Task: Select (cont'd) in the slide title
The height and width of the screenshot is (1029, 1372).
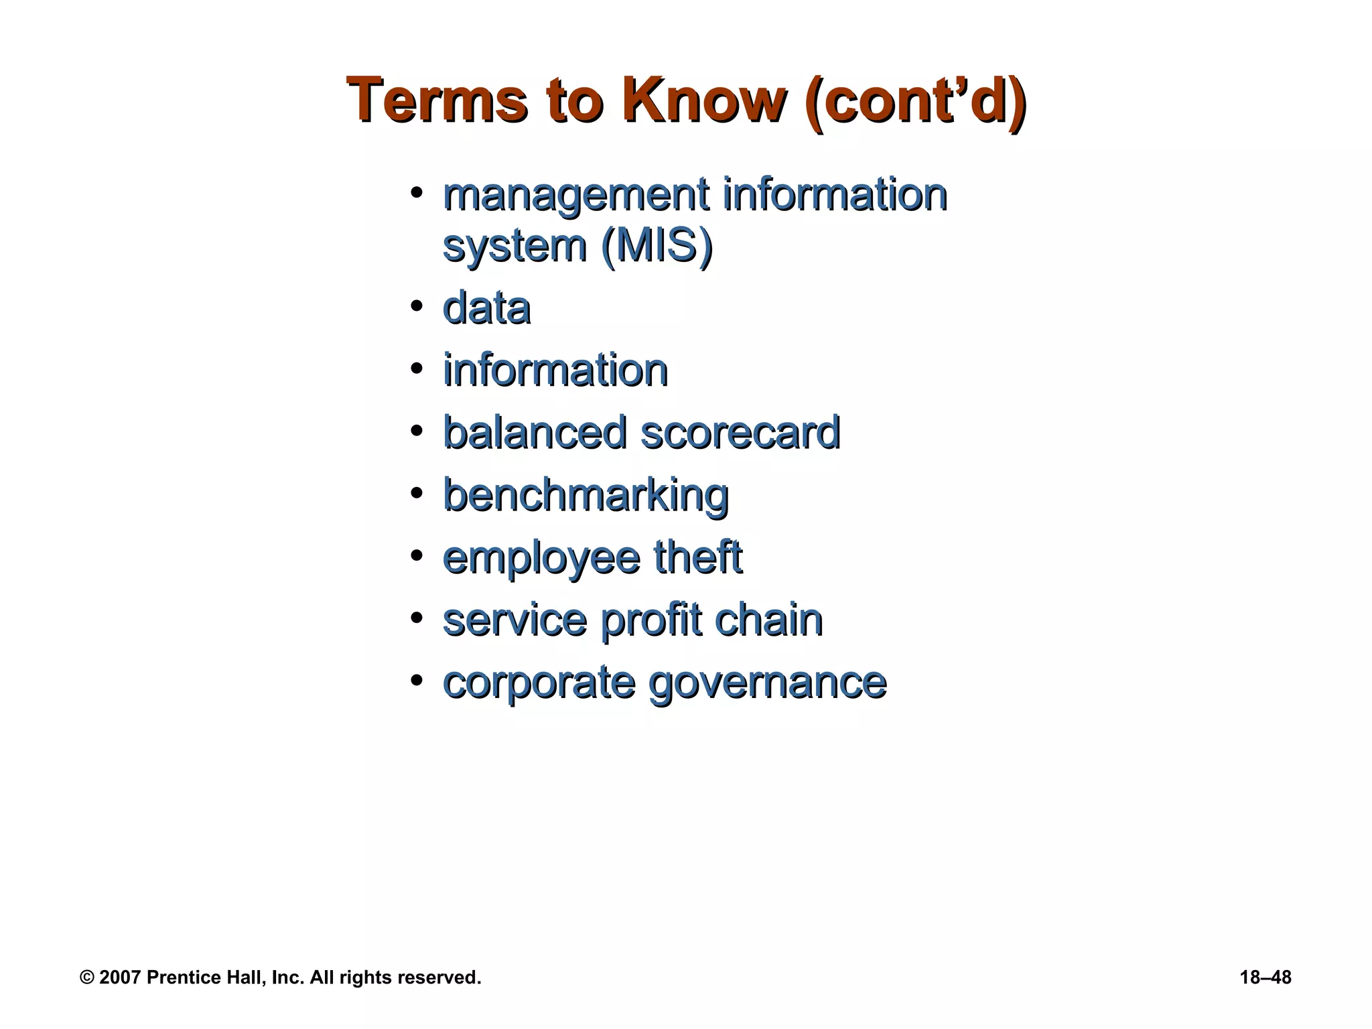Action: pos(915,102)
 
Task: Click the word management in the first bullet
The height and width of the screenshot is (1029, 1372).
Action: pos(576,196)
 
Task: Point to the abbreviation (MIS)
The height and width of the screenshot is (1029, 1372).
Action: pos(657,246)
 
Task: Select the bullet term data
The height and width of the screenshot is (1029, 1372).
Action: pos(487,309)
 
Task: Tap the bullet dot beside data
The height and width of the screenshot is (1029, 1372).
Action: pos(417,306)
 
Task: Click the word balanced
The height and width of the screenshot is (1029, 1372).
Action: pos(535,433)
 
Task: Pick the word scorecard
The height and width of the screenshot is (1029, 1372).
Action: pos(740,433)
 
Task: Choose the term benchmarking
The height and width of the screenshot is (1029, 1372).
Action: pos(586,496)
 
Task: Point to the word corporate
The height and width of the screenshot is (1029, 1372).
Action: pos(539,683)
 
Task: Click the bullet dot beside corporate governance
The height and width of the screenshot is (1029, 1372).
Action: pos(417,681)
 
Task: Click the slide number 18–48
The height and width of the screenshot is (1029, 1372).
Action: pos(1265,977)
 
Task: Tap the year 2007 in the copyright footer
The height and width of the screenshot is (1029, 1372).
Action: pos(120,977)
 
